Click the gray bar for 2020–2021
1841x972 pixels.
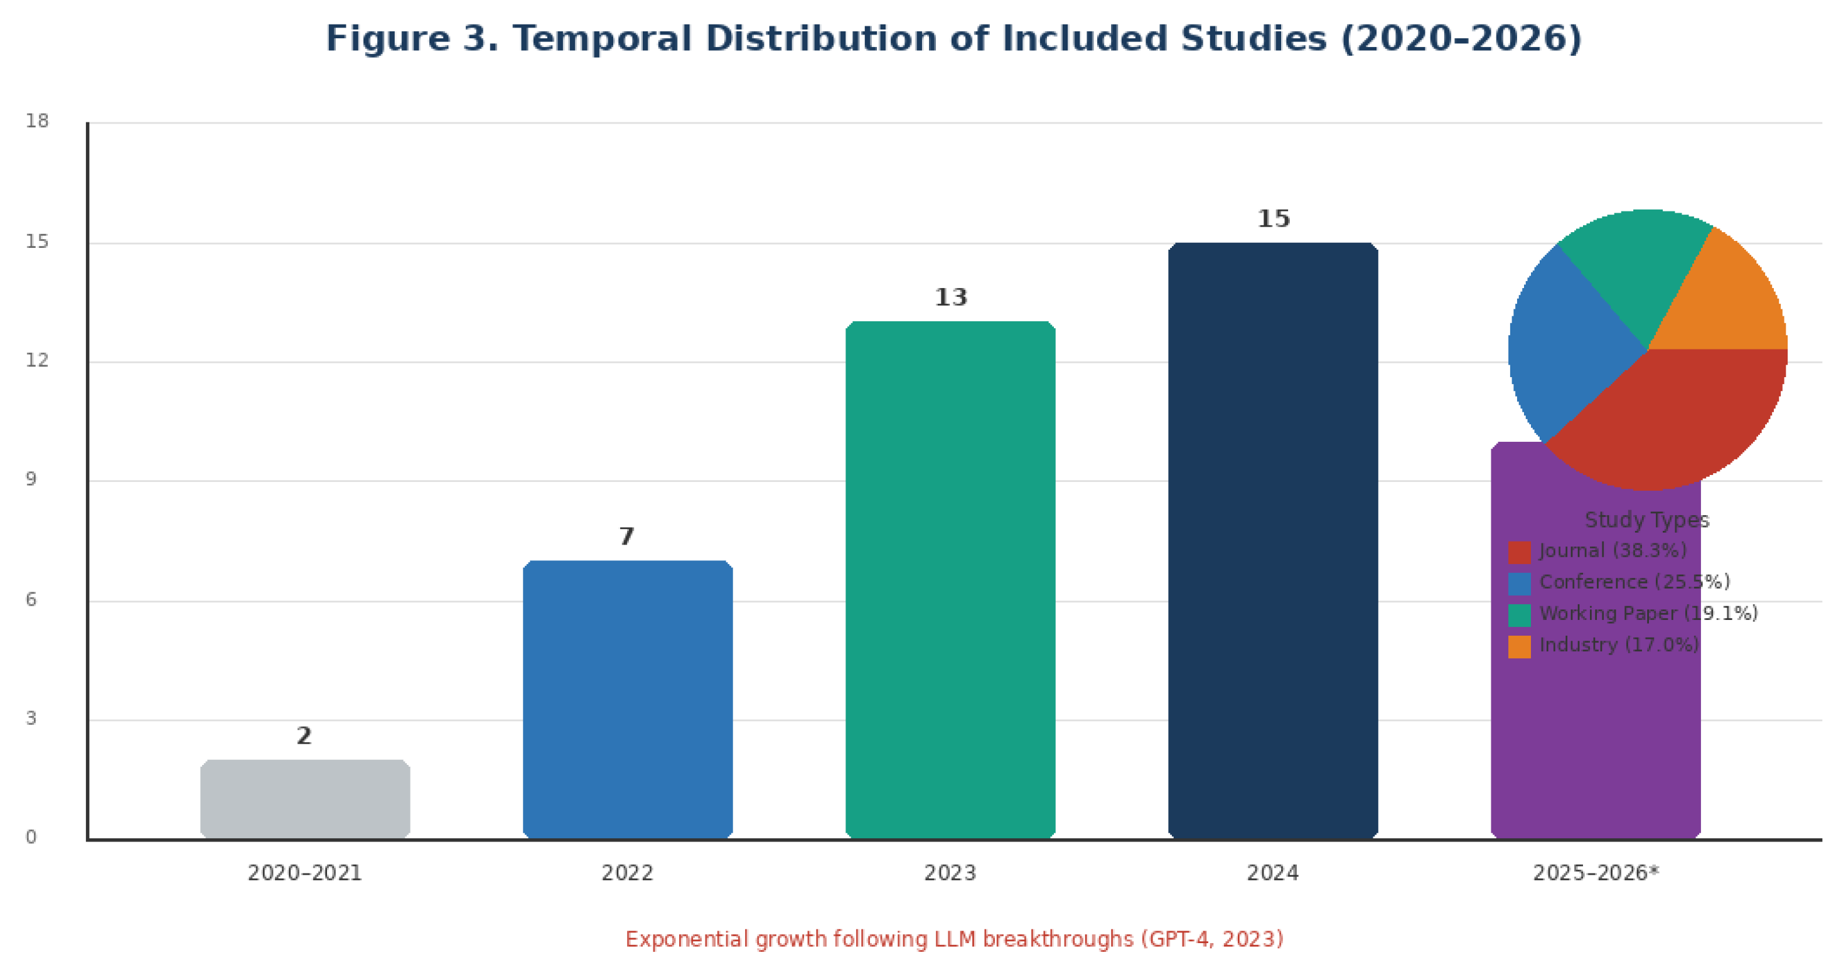point(305,798)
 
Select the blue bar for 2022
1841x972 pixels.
point(628,699)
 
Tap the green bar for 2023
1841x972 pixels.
point(950,580)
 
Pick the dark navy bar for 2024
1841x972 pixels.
point(1273,540)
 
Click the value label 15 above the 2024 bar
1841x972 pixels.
point(1274,219)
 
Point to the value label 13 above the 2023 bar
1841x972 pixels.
point(951,297)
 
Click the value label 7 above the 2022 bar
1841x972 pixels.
point(627,536)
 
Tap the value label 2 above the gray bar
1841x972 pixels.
point(304,735)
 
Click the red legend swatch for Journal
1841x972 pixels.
point(1520,552)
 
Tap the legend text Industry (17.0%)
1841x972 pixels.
point(1619,644)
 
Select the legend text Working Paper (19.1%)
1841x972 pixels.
point(1648,613)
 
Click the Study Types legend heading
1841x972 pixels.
point(1647,520)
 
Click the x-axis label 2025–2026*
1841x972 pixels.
point(1596,873)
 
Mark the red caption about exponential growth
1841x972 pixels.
point(954,939)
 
